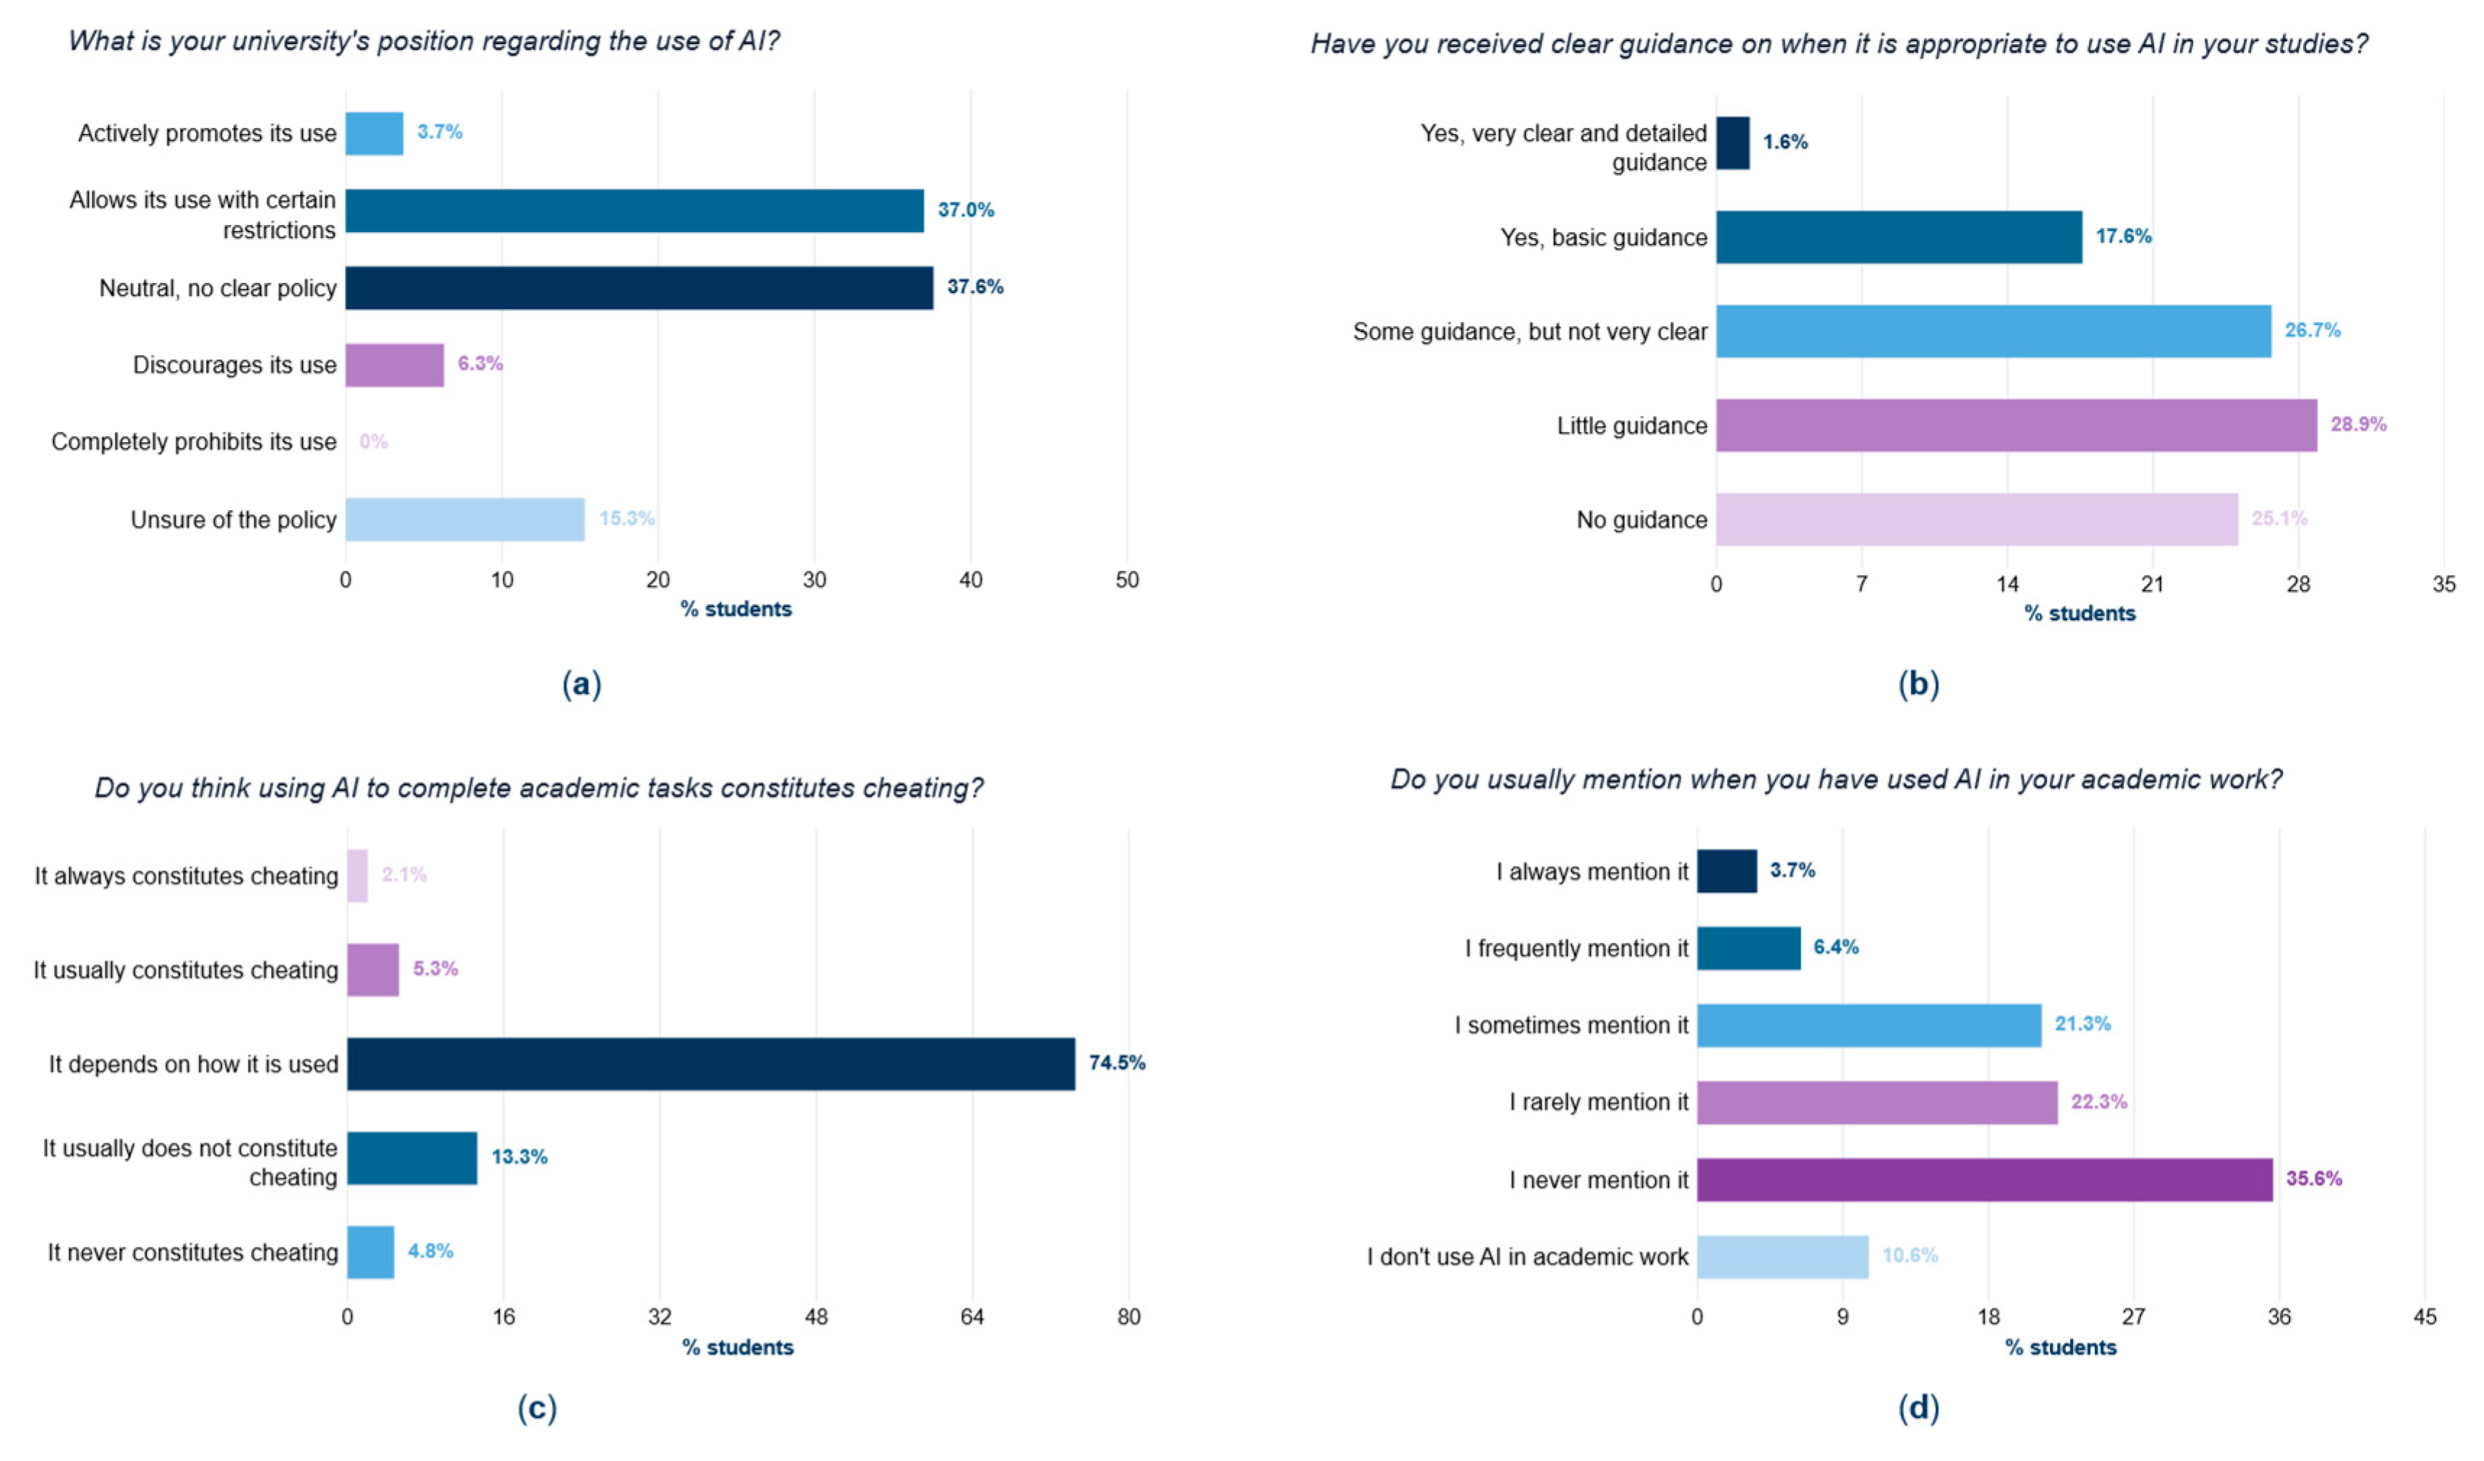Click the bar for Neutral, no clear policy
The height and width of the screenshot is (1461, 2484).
pos(639,288)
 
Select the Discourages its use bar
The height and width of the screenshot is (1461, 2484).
pos(394,365)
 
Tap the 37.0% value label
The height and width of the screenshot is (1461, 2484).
pos(966,210)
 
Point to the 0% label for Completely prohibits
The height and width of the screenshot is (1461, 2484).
pos(373,441)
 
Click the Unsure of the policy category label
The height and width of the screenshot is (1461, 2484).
pos(234,520)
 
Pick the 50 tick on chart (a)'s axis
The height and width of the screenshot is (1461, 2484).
pos(1127,580)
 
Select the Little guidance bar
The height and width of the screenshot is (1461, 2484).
pos(2017,425)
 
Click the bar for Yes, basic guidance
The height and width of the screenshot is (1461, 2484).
pos(1900,237)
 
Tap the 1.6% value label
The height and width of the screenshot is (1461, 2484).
pos(1785,142)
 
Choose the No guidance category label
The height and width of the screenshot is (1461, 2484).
pos(1642,520)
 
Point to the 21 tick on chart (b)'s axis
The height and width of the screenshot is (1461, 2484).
pos(2153,584)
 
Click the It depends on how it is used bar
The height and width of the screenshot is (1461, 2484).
pos(711,1064)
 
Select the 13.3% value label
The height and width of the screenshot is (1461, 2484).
pos(519,1156)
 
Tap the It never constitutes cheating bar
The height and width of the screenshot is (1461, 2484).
pos(370,1252)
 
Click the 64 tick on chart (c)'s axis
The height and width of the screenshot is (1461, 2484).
pos(972,1316)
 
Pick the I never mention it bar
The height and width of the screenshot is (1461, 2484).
pos(1985,1179)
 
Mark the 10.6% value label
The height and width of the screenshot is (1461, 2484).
pos(1910,1255)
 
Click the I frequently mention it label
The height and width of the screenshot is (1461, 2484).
pos(1576,949)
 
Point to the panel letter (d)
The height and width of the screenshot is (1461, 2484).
pos(1918,1407)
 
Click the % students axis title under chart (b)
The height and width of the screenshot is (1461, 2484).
pos(2080,613)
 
